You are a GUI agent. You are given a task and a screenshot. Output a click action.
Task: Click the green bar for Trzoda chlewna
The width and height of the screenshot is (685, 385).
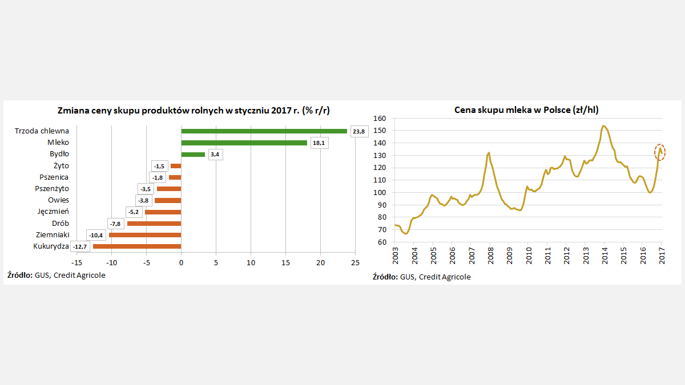tap(264, 131)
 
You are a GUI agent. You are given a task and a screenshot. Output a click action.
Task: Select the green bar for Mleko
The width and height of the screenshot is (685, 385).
tap(244, 143)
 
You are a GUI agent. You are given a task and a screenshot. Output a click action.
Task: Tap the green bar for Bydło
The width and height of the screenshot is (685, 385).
tap(193, 154)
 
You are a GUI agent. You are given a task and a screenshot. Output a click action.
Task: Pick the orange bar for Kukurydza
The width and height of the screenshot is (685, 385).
tap(137, 246)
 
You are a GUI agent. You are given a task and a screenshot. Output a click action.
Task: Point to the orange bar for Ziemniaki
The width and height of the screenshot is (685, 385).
tap(145, 235)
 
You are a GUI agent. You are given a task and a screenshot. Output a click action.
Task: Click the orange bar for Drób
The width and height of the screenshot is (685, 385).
tap(154, 223)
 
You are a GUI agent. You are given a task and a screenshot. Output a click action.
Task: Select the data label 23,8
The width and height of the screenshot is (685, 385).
tap(358, 131)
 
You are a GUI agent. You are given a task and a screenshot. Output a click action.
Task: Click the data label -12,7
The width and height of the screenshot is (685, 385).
tap(79, 246)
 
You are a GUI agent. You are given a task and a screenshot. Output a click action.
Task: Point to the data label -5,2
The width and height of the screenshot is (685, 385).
tap(134, 212)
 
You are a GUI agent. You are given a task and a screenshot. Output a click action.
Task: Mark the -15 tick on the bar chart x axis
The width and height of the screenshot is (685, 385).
tap(76, 262)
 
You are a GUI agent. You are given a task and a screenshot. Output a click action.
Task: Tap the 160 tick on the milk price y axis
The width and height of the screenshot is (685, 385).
tap(380, 119)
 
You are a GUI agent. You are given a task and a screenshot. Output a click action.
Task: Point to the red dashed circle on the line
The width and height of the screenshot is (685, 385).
tap(660, 152)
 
